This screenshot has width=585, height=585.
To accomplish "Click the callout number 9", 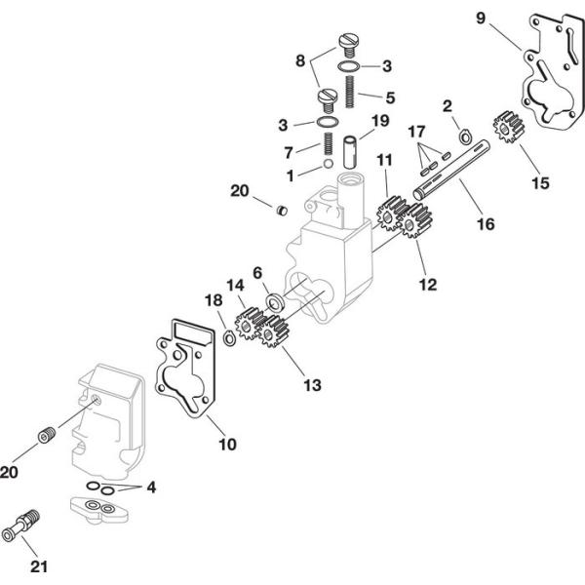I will [x=479, y=19].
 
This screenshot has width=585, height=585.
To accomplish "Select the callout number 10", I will [x=226, y=445].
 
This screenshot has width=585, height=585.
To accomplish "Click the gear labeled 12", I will [x=416, y=224].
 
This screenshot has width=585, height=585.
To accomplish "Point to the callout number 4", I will [x=151, y=487].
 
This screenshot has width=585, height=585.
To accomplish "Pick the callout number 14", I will [x=235, y=286].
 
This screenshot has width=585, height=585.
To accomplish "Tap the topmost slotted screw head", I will [x=348, y=42].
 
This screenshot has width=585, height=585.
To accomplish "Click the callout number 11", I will [x=385, y=158].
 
